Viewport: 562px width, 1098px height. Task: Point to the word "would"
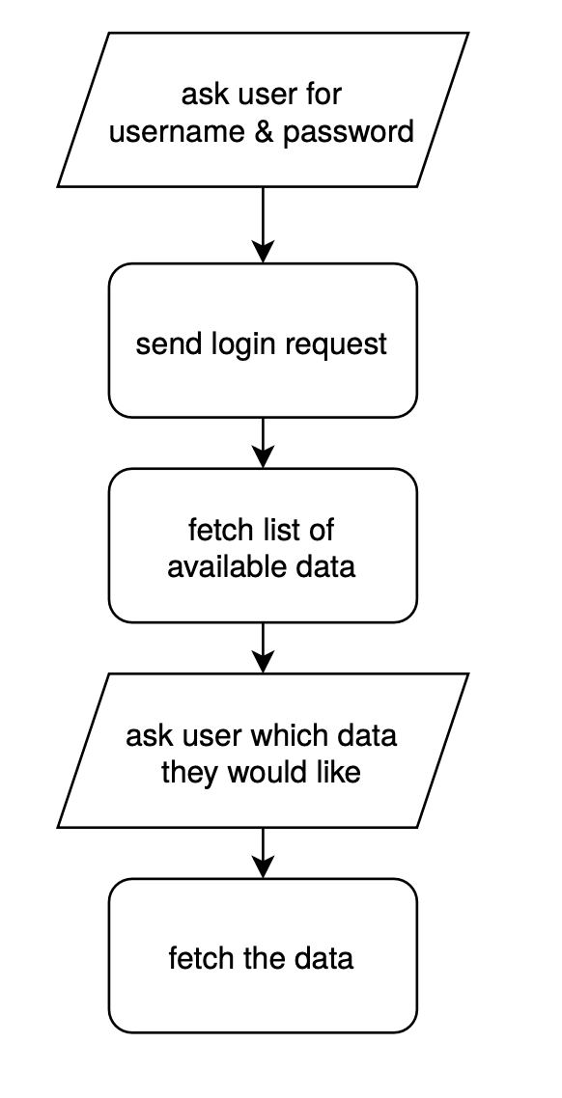click(269, 772)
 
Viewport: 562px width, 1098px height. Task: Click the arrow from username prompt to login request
click(263, 225)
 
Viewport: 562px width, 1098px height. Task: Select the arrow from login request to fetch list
click(263, 443)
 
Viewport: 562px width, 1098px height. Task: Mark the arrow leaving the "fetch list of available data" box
click(263, 647)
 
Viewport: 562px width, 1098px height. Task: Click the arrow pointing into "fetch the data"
click(263, 853)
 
